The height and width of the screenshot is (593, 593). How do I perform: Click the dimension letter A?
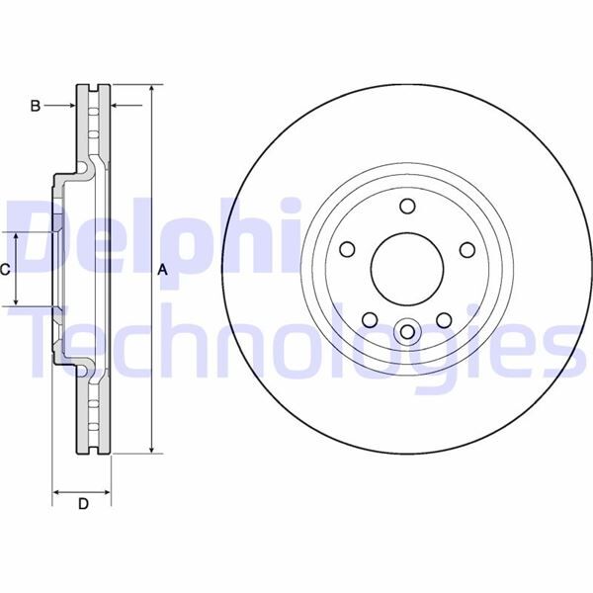pos(163,270)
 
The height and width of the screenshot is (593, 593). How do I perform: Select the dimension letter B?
pos(35,106)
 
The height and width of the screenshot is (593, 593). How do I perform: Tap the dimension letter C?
pos(6,270)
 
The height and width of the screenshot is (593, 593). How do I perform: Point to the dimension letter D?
pos(83,505)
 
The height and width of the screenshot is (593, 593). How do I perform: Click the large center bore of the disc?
pos(405,270)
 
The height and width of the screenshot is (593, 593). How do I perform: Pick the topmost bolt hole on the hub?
pos(405,206)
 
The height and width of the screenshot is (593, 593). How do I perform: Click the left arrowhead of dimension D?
pos(56,490)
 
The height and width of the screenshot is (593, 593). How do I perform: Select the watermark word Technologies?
pos(296,341)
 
